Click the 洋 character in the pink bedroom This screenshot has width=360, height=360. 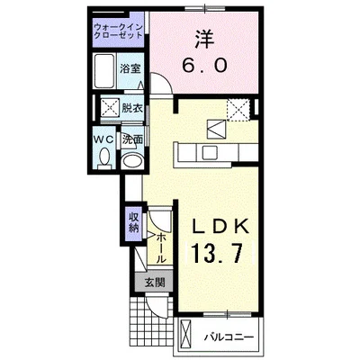tap(204, 40)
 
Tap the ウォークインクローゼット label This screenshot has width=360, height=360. tap(118, 33)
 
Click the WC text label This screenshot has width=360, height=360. tap(103, 139)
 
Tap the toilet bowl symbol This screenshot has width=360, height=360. tap(103, 160)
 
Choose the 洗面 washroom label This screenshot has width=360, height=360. tap(132, 139)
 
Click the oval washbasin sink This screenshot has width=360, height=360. tap(132, 162)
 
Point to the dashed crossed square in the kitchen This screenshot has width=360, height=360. tap(238, 110)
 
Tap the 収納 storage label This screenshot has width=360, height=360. tap(133, 220)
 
